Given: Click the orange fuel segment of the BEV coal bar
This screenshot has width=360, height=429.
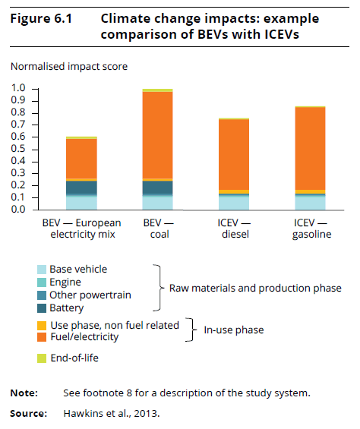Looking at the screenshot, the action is coord(157,135).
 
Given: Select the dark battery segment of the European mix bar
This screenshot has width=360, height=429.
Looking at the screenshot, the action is coord(81,187).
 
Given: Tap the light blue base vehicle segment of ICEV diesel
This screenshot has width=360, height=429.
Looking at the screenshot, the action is coord(234,203).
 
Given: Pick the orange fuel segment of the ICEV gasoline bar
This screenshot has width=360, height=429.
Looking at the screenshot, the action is coord(310,148).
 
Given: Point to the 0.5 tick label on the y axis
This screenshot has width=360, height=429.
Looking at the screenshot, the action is coord(18,149).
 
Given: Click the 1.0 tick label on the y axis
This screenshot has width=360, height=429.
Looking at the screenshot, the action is coord(18,88).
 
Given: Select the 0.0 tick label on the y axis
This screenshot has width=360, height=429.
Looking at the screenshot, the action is coord(18,210).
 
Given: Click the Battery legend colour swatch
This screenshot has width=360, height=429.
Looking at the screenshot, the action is coord(42,308).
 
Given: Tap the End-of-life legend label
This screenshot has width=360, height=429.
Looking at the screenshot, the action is coord(74,358).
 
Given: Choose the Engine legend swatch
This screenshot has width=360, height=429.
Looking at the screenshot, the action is coord(42,282).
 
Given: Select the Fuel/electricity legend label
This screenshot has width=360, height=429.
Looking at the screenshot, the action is coord(84,337).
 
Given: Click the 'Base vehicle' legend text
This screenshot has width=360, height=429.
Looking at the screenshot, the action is coord(78,270).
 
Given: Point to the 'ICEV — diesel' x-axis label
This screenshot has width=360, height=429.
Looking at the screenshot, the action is coord(235,229).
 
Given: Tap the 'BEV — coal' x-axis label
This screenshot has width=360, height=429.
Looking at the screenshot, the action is coord(159,229).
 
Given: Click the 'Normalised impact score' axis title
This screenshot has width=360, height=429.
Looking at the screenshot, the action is coord(69,67).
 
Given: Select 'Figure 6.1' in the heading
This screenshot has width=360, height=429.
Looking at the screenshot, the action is coord(41,19).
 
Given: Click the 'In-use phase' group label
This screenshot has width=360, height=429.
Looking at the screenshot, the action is coord(234,330).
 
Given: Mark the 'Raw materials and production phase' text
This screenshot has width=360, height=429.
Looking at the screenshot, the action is coord(255,288).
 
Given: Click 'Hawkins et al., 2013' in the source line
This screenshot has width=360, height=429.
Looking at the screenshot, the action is coord(112,413).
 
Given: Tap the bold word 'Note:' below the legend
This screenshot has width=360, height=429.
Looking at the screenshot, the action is coord(24,393).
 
